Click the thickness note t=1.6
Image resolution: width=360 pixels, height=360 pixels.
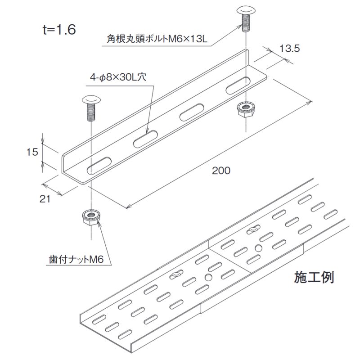[59, 30]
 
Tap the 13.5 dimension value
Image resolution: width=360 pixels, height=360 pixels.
[289, 49]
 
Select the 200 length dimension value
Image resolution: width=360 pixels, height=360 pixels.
[221, 171]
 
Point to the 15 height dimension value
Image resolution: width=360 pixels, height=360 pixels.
[32, 152]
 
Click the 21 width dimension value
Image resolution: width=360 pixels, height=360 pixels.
[45, 199]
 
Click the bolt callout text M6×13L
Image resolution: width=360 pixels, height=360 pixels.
[188, 39]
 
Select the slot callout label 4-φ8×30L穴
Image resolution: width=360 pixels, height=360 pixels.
[118, 77]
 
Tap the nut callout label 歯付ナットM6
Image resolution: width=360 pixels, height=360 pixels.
[76, 259]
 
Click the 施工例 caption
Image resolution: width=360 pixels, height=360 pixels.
[314, 277]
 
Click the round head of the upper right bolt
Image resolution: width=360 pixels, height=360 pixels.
[246, 10]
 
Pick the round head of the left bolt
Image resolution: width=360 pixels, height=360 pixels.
[91, 100]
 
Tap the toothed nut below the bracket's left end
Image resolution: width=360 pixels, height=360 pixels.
[91, 217]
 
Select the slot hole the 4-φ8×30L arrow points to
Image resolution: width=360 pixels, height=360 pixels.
[145, 139]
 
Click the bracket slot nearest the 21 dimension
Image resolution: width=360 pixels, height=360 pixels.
[99, 165]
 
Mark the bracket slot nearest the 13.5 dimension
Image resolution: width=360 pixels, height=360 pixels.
[238, 85]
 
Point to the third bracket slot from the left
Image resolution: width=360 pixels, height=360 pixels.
[192, 112]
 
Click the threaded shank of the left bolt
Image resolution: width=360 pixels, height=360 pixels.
[91, 112]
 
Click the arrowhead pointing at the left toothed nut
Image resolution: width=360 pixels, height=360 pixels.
[99, 224]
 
